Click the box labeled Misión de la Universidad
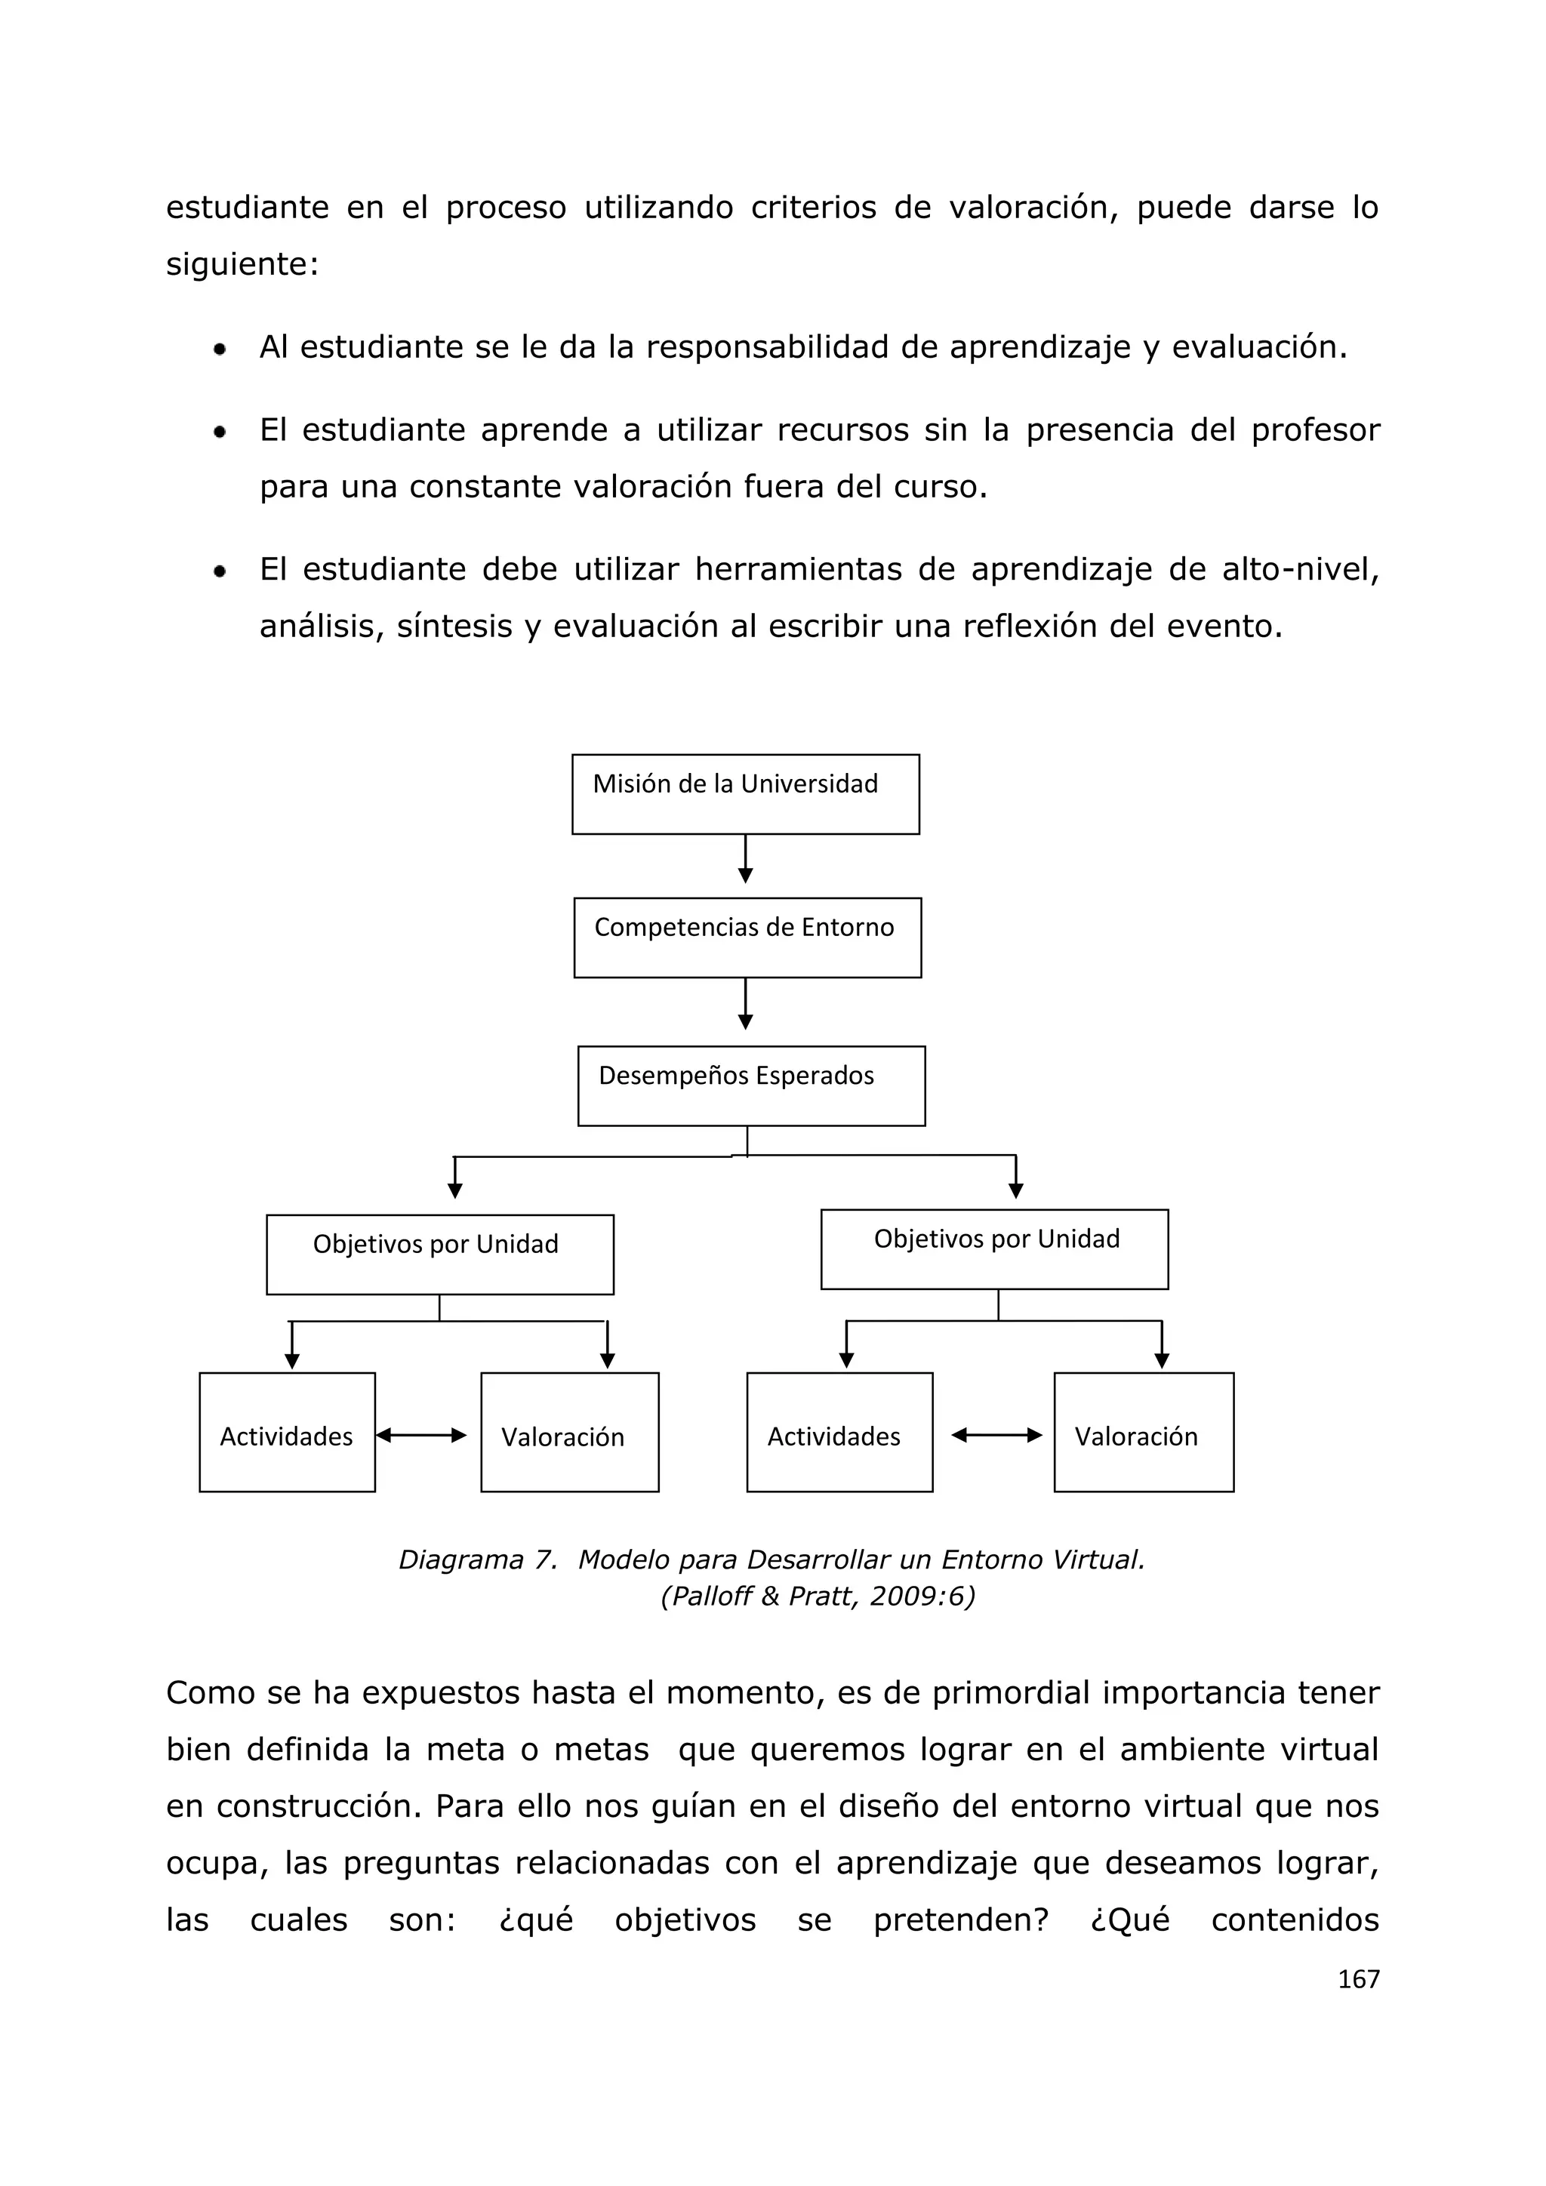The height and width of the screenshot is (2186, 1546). [x=745, y=794]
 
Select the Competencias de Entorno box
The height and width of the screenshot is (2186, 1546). [x=747, y=937]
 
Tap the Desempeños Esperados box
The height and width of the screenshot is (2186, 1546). [x=751, y=1085]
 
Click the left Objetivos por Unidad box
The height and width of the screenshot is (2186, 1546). [x=440, y=1254]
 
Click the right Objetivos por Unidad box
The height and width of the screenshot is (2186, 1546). [x=994, y=1249]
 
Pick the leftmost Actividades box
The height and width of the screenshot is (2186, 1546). [x=287, y=1432]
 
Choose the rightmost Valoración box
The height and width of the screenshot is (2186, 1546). [x=1144, y=1432]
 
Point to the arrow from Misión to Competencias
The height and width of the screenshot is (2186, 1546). [x=745, y=859]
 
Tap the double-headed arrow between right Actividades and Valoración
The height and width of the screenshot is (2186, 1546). [x=996, y=1435]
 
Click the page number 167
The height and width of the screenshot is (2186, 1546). [x=1357, y=1979]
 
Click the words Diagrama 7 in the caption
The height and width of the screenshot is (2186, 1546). [x=477, y=1559]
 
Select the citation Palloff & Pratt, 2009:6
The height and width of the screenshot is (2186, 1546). [x=818, y=1596]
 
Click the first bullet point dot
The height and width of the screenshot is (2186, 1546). [x=220, y=349]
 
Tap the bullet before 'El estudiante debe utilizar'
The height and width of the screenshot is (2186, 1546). [x=220, y=572]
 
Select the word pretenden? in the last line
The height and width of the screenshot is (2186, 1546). [x=959, y=1920]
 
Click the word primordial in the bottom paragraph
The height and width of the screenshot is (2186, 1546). [x=1010, y=1693]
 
